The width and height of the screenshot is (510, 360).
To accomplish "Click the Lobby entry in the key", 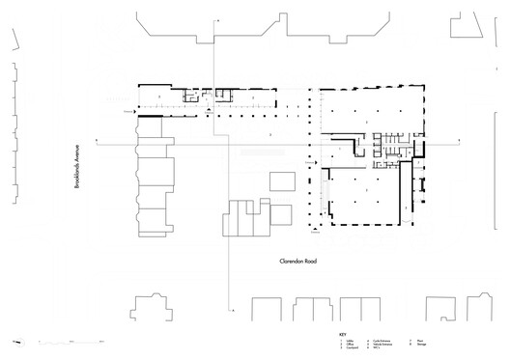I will pos(346,341).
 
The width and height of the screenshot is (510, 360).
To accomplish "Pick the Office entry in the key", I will pos(346,345).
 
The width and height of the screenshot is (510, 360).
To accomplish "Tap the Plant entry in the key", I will pos(423,341).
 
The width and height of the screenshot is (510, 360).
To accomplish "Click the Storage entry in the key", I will pos(424,345).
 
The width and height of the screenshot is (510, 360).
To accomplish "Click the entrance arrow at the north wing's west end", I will pos(129,113).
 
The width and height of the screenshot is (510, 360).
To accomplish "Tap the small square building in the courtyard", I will pos(281,182).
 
